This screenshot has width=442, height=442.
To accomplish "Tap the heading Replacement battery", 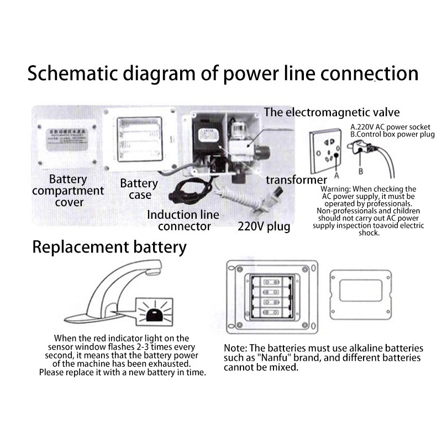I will pyautogui.click(x=109, y=246).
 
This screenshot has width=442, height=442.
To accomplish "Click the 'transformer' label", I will pyautogui.click(x=296, y=180).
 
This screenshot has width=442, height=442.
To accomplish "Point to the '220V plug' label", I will pyautogui.click(x=264, y=225).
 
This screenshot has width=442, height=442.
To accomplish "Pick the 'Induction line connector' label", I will pyautogui.click(x=182, y=220).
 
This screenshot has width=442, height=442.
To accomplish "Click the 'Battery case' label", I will pyautogui.click(x=139, y=189).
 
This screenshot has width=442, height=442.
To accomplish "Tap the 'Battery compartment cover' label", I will pyautogui.click(x=68, y=191).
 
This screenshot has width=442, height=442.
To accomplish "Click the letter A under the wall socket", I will pyautogui.click(x=335, y=177).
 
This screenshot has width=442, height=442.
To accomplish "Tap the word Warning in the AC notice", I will pyautogui.click(x=338, y=189).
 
